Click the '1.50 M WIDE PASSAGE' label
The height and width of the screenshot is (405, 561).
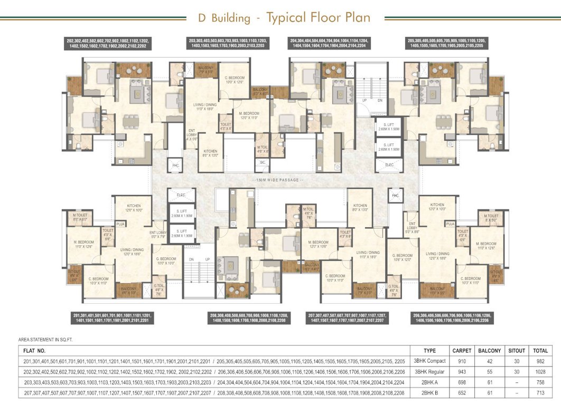click(278, 180)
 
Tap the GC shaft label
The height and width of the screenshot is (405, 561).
click(262, 162)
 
